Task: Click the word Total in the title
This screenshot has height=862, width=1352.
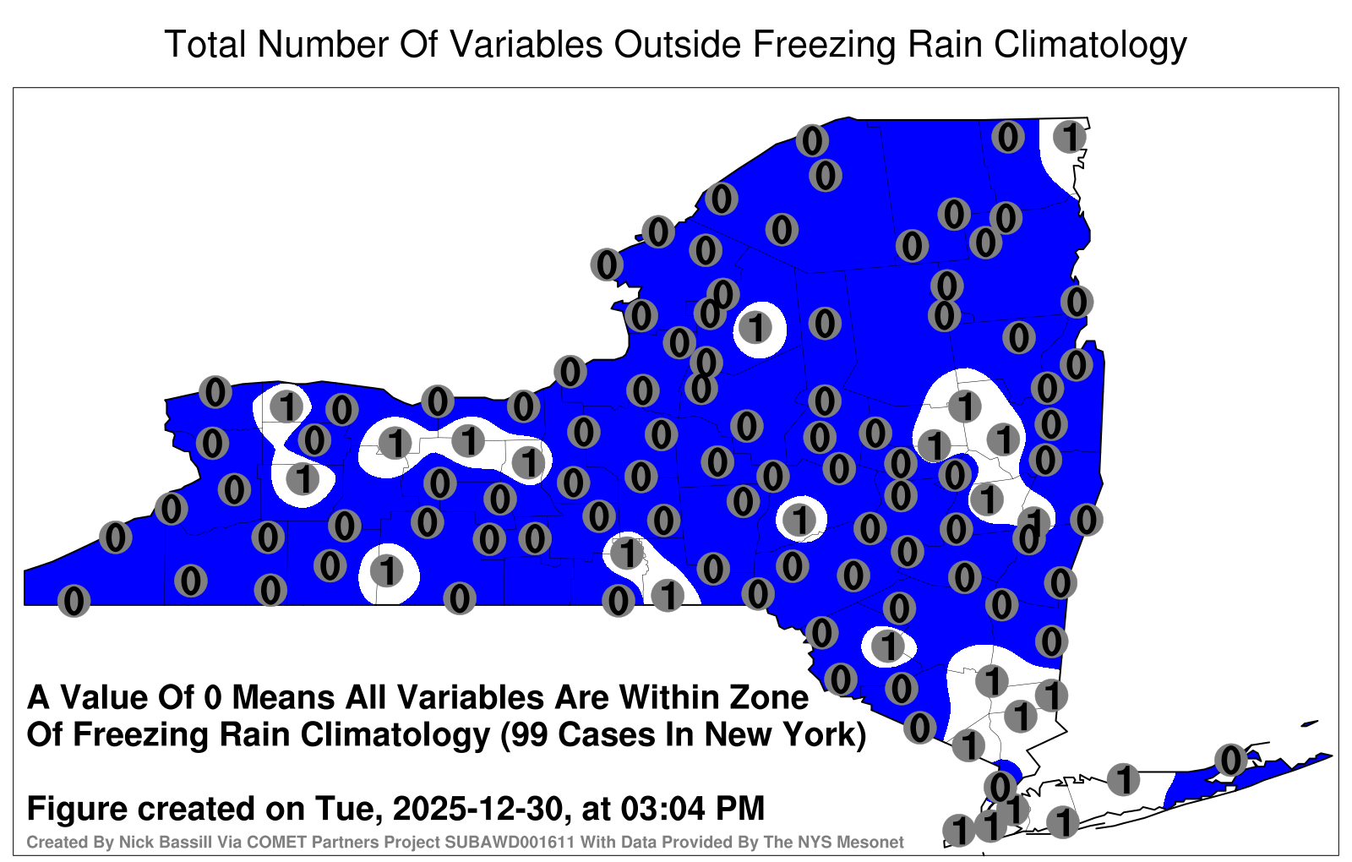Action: coord(204,44)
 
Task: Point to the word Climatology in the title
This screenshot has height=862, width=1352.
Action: coord(1091,46)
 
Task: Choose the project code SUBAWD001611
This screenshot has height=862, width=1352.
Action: coord(510,842)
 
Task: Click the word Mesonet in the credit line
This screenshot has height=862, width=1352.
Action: coord(874,842)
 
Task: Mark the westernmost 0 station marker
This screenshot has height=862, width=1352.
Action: coord(74,601)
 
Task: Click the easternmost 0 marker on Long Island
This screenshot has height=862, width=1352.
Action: coord(1230,760)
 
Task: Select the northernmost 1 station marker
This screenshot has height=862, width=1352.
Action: coord(1070,137)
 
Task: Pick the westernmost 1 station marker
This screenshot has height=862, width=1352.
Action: coord(286,406)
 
